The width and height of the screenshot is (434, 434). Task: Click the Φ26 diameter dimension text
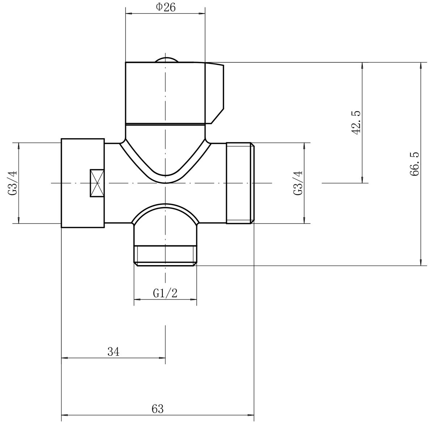(x=166, y=8)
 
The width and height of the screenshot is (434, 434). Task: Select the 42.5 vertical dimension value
(x=356, y=123)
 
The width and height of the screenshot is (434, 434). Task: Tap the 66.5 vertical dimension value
(x=414, y=164)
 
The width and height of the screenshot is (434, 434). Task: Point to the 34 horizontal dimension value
(x=113, y=352)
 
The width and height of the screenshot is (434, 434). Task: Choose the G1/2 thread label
(x=165, y=293)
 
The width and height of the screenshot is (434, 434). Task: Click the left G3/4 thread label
(x=13, y=183)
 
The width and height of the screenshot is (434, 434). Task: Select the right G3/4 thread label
(x=298, y=183)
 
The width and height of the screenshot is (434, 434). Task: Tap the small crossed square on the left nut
(x=97, y=183)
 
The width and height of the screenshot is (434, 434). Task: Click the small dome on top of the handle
(x=166, y=60)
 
